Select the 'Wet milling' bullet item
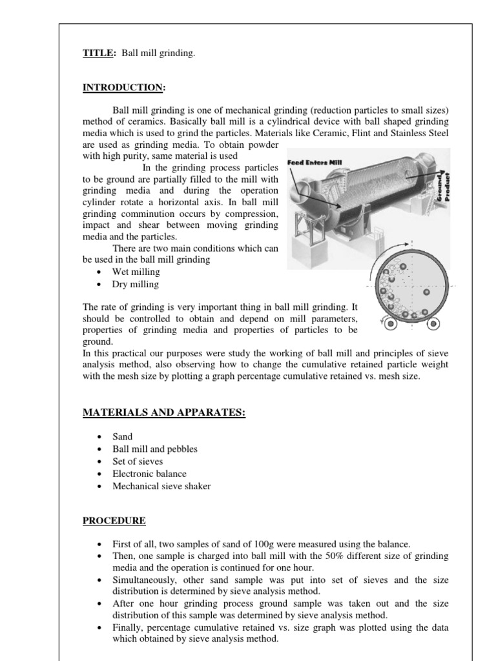[136, 272]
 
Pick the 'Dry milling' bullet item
[135, 284]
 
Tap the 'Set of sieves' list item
[138, 462]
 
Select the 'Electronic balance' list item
[149, 474]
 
